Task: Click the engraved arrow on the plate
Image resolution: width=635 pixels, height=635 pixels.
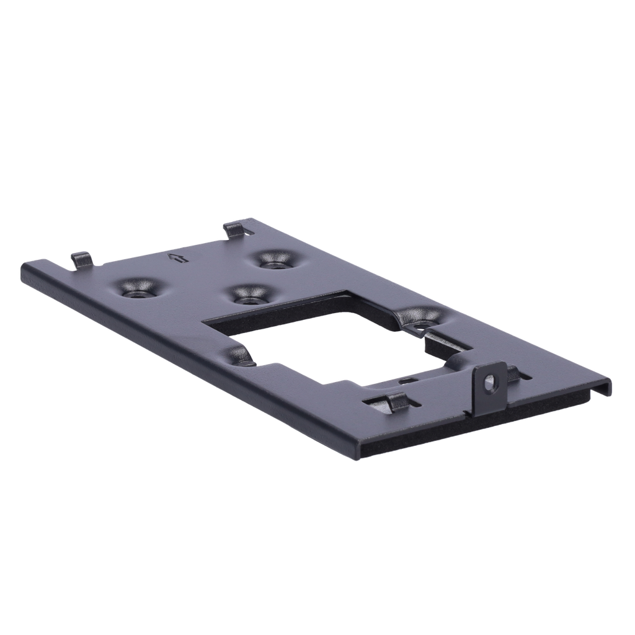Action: click(178, 258)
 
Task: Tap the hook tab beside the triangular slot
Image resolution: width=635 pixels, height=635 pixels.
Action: click(234, 229)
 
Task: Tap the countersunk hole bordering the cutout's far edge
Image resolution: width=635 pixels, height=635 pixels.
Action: click(251, 295)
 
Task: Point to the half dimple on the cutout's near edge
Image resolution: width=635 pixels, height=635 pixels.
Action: click(239, 356)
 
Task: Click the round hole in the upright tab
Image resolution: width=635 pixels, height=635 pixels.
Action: click(490, 383)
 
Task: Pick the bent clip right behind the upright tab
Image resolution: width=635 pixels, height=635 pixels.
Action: click(513, 373)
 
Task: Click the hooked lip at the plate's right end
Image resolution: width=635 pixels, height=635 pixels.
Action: click(600, 389)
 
